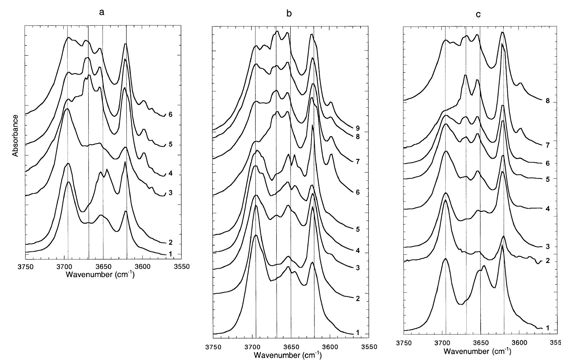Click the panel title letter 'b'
[289, 14]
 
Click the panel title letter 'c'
[478, 14]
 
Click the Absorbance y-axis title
[16, 135]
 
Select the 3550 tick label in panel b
[369, 347]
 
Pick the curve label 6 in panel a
[170, 115]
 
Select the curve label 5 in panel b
[358, 229]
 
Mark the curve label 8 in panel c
[547, 101]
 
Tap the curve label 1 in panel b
[358, 333]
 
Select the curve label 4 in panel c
[547, 209]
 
